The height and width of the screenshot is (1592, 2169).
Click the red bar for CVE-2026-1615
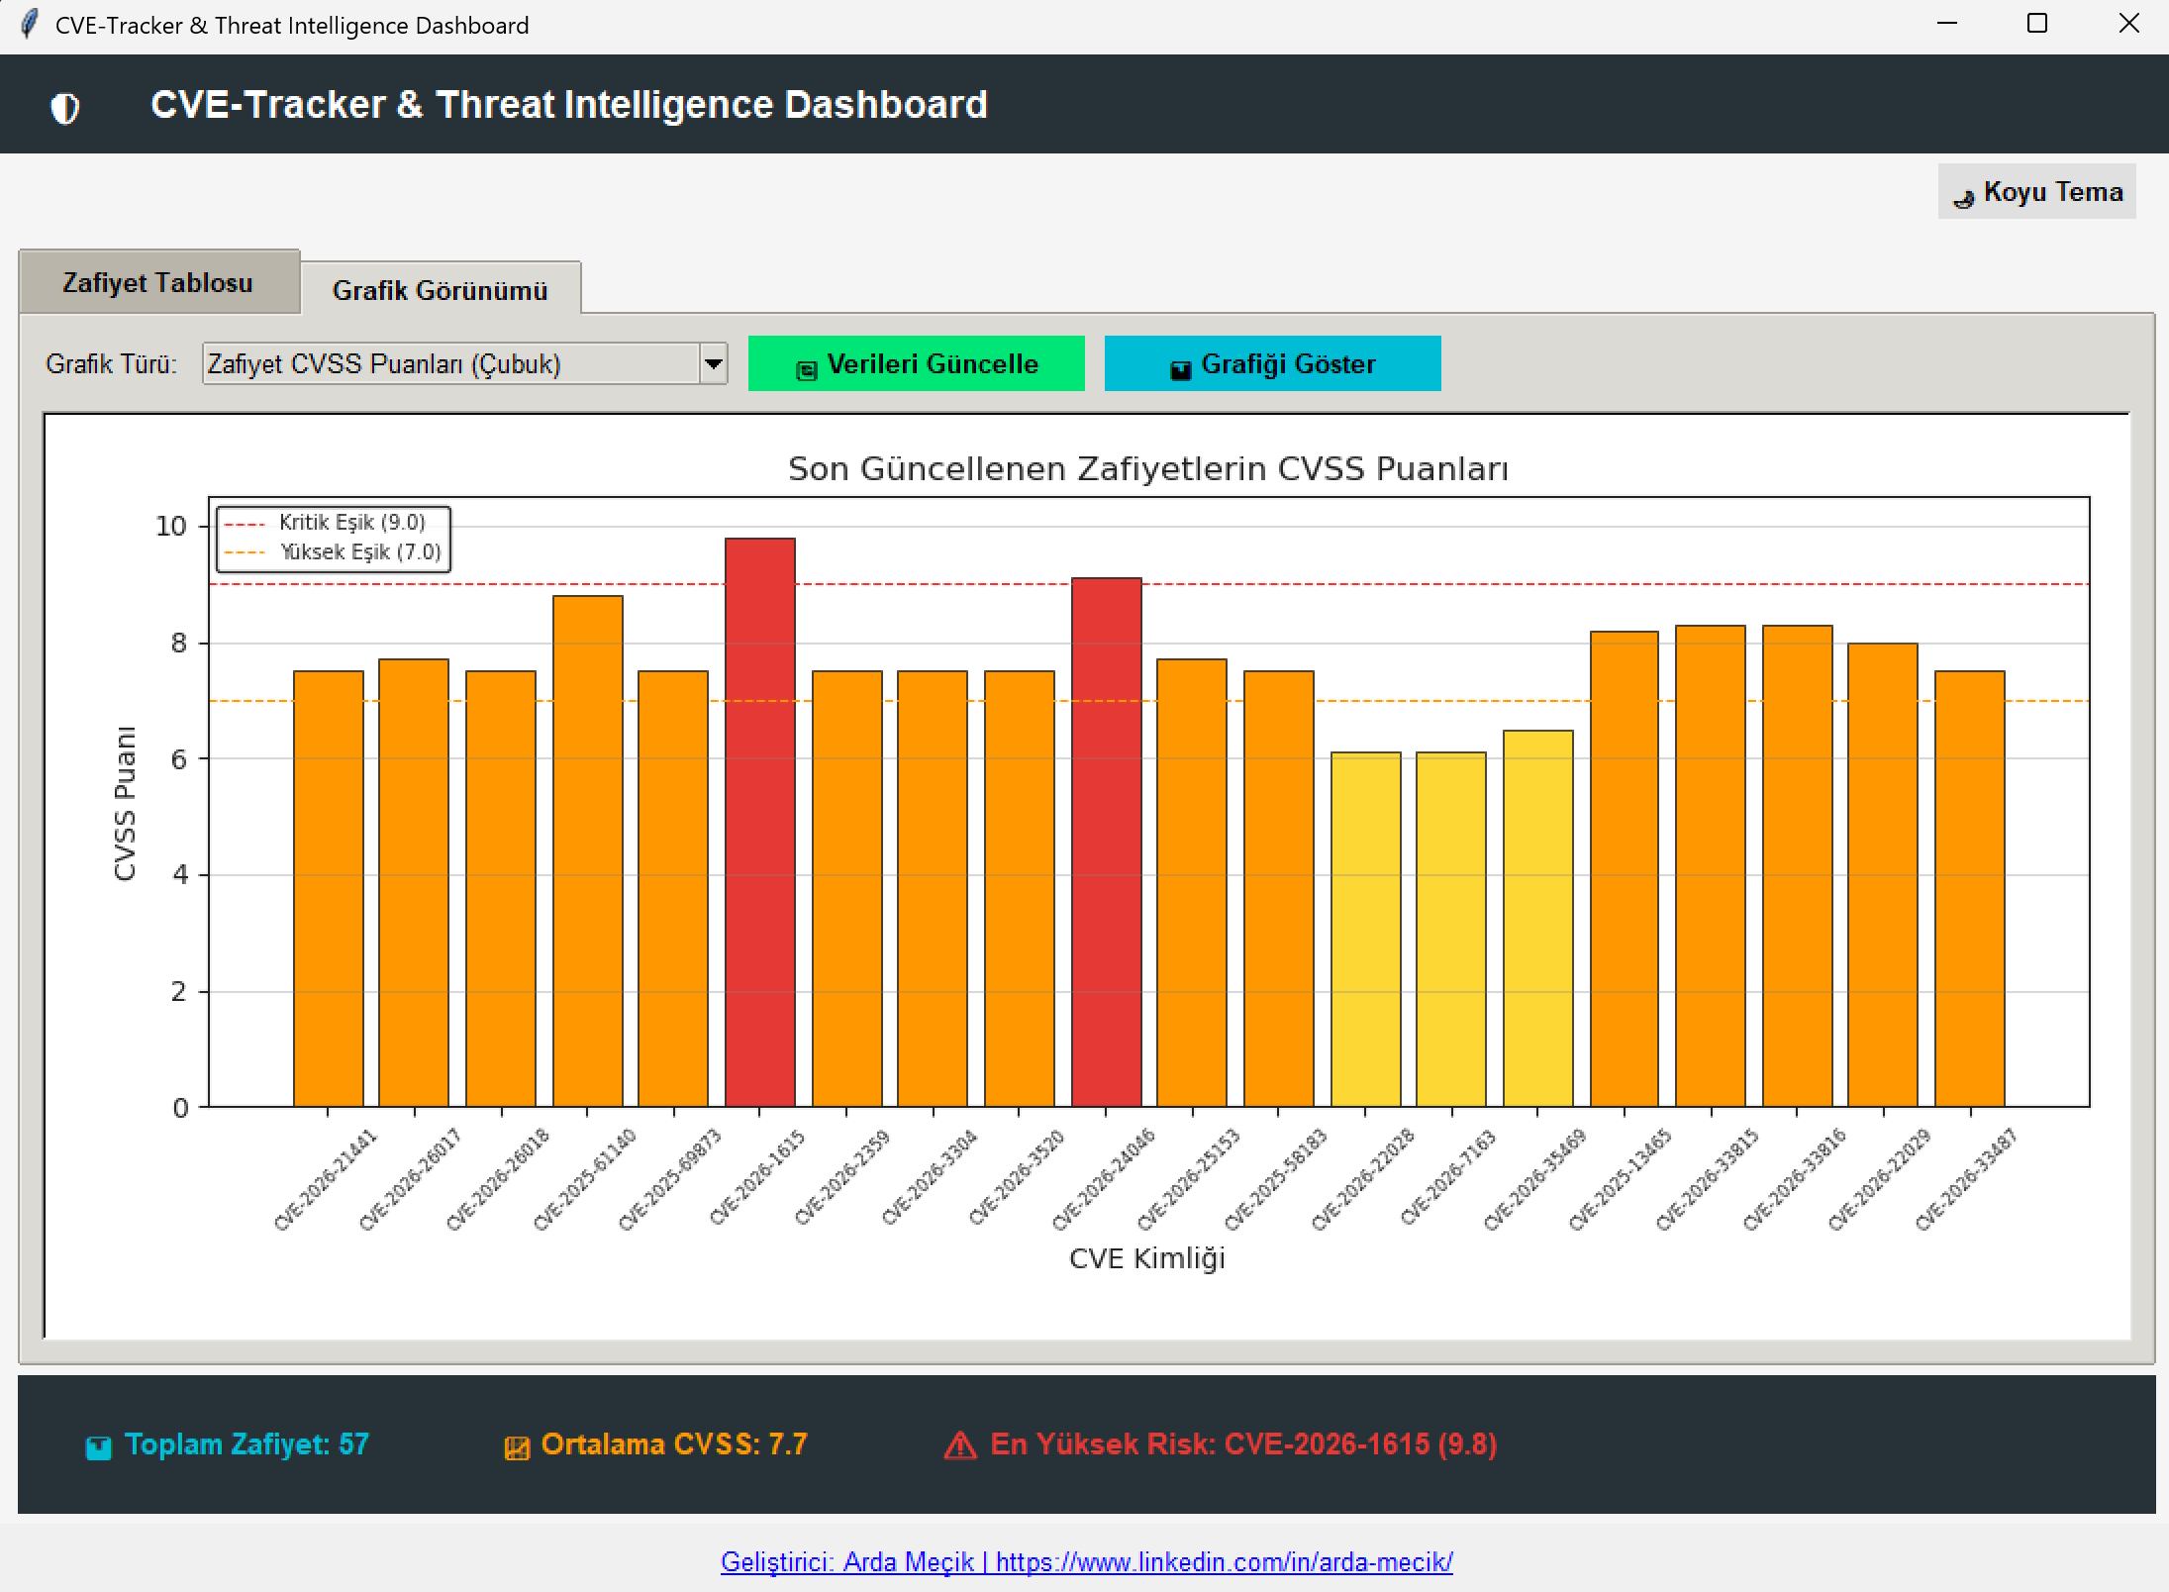click(x=759, y=822)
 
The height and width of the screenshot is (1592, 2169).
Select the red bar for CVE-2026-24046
click(x=1106, y=842)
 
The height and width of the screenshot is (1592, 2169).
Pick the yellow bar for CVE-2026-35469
click(x=1537, y=918)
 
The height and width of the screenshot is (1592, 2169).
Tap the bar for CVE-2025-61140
click(x=587, y=850)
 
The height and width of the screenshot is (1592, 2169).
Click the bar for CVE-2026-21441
click(x=328, y=888)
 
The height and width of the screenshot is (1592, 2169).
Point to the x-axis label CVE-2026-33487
click(x=1966, y=1179)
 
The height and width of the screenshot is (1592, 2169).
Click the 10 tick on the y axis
click(x=171, y=526)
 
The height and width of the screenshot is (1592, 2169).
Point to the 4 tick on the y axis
click(x=179, y=874)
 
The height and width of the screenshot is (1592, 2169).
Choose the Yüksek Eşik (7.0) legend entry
click(x=333, y=552)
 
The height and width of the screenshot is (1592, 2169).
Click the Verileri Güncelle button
click(x=916, y=363)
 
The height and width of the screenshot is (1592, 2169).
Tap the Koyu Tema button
click(x=2036, y=191)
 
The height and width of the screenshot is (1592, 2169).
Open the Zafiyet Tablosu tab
click(x=158, y=282)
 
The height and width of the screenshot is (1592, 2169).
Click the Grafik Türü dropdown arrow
click(x=713, y=363)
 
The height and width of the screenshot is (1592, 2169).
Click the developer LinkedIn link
click(x=1086, y=1561)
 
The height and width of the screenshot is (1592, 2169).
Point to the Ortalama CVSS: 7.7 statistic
click(x=656, y=1444)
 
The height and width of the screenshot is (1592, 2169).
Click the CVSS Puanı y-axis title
click(x=125, y=803)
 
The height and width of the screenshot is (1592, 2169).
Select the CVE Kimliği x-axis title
click(x=1147, y=1258)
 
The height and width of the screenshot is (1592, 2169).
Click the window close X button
click(x=2128, y=24)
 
